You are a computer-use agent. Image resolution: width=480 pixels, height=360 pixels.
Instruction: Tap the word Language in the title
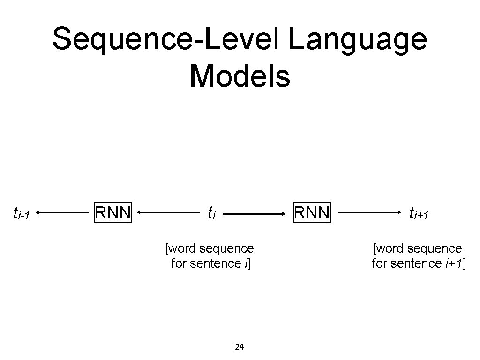click(358, 40)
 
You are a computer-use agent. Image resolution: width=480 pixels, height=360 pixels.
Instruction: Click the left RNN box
click(113, 212)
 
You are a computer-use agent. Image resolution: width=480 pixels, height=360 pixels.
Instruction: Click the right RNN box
click(312, 212)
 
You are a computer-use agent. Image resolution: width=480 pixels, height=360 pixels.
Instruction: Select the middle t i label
click(211, 213)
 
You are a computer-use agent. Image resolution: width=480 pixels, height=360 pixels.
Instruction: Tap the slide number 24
click(239, 347)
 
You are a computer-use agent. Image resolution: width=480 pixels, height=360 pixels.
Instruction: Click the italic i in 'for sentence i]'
click(246, 263)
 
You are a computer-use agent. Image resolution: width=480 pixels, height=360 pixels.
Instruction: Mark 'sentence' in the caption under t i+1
click(420, 263)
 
